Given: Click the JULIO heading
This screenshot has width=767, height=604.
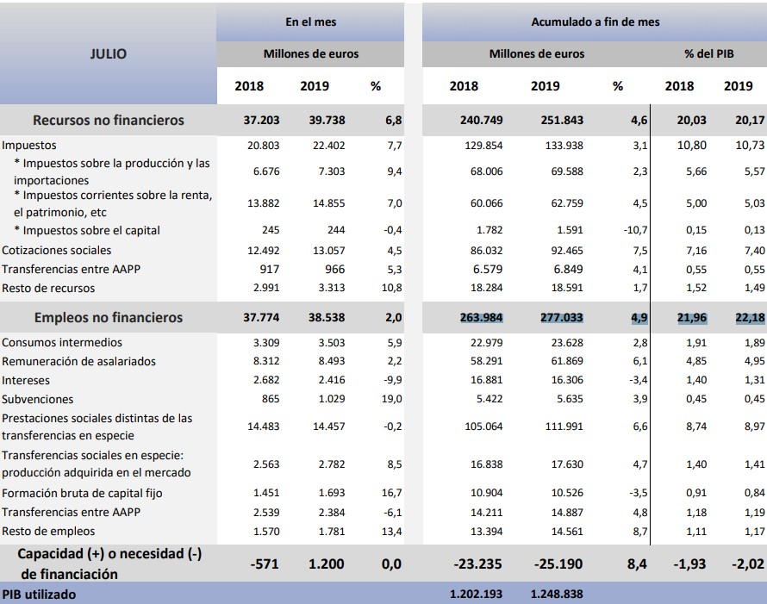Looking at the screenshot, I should [x=108, y=53].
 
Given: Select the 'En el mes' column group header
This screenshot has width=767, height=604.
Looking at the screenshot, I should [x=310, y=21].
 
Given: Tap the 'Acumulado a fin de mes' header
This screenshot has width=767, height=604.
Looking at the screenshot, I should [x=596, y=21].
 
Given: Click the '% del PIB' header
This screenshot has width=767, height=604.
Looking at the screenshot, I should [x=709, y=53].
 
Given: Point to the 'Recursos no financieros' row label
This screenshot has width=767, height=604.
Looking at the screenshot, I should [x=109, y=120].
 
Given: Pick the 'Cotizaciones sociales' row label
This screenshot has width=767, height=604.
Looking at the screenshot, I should [x=57, y=250].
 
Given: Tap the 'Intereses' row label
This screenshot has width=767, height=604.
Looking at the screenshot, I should [x=26, y=380].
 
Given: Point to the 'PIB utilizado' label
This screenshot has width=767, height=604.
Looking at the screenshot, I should [x=39, y=595].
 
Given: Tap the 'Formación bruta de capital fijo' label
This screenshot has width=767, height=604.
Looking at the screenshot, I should [x=82, y=493].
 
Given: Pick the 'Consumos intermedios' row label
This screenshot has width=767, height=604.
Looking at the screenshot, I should [x=62, y=342].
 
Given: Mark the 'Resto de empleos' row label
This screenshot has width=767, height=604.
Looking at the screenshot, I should [x=49, y=531].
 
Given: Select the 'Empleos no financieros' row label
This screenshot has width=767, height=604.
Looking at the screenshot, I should [x=109, y=317].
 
